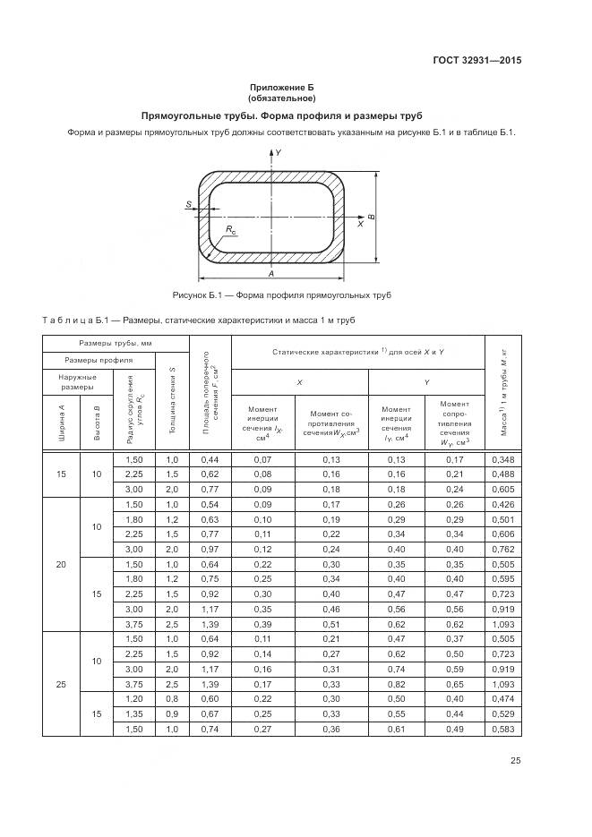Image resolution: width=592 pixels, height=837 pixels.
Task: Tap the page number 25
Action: pos(515,761)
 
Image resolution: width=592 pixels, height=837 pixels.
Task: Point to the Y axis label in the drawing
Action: pos(279,154)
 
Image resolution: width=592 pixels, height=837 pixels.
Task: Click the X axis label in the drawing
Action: pos(360,225)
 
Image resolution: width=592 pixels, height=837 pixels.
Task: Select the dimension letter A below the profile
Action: pos(270,273)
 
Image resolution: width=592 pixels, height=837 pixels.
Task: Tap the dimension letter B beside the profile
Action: pos(372,217)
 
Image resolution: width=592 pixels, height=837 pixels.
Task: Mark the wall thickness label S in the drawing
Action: pos(188,205)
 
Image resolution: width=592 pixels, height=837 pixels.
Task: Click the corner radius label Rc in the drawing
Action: pos(230,230)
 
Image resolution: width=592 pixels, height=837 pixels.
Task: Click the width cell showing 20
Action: pos(61,564)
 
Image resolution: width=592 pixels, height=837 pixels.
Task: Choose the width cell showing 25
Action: pos(61,684)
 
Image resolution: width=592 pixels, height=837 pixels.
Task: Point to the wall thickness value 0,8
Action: pos(172,698)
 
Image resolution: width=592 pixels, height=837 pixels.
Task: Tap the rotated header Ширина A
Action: pos(62,424)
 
